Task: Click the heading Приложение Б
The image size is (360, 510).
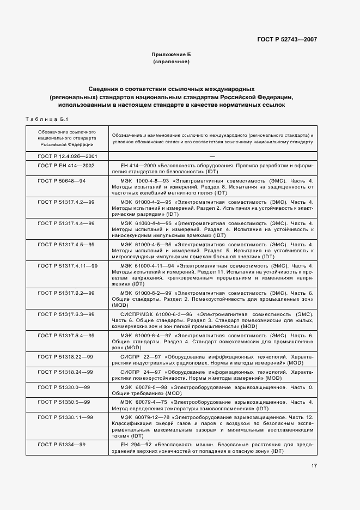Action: (171, 55)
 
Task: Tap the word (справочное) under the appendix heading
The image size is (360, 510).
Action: (171, 63)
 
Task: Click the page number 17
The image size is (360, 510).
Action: (314, 465)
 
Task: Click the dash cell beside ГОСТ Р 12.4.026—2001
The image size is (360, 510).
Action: (212, 156)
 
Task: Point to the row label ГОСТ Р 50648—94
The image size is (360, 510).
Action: (61, 180)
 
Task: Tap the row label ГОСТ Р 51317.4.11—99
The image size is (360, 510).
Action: (67, 265)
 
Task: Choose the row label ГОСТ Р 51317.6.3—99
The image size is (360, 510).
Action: (65, 314)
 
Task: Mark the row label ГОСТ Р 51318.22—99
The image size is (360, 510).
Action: (65, 356)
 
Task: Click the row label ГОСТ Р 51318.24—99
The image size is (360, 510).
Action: (65, 372)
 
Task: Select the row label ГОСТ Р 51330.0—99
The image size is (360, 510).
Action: (64, 387)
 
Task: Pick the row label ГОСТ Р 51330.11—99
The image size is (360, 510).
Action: (65, 417)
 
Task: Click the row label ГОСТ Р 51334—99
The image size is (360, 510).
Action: (61, 445)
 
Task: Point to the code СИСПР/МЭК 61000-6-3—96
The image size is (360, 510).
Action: (156, 314)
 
